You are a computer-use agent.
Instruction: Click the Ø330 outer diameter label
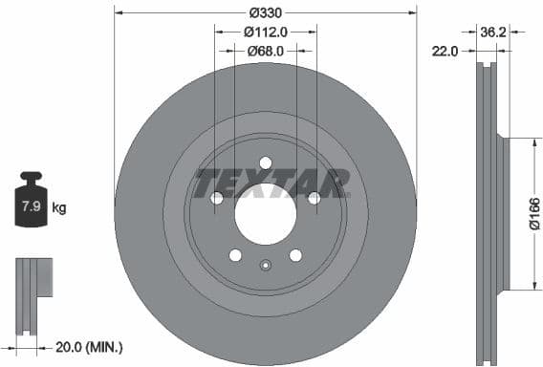pyautogui.click(x=265, y=12)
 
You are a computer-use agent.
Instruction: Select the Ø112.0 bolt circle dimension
pyautogui.click(x=265, y=32)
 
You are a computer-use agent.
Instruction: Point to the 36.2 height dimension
pyautogui.click(x=492, y=32)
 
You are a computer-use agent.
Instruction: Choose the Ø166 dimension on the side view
pyautogui.click(x=534, y=213)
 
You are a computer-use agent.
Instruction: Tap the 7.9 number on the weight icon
pyautogui.click(x=31, y=206)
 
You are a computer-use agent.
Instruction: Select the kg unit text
pyautogui.click(x=58, y=207)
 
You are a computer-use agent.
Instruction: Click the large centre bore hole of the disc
pyautogui.click(x=266, y=212)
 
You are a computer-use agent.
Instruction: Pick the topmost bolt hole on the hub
pyautogui.click(x=266, y=162)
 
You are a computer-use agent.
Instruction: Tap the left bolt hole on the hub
pyautogui.click(x=217, y=198)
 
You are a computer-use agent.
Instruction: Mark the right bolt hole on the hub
pyautogui.click(x=314, y=198)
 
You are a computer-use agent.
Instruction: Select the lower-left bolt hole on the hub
pyautogui.click(x=235, y=255)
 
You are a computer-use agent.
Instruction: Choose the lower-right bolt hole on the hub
pyautogui.click(x=295, y=255)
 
